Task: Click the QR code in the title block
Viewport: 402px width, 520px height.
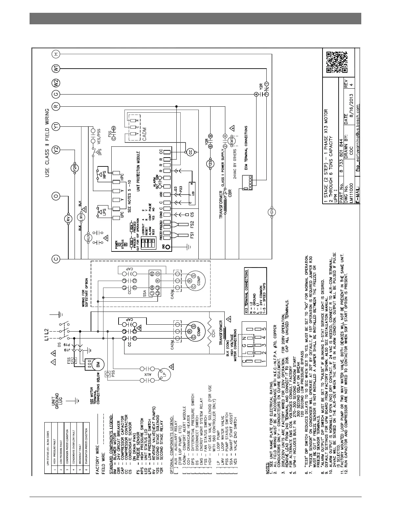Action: [337, 62]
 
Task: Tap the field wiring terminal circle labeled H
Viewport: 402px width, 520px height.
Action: [56, 54]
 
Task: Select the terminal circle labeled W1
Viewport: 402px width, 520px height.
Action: [56, 69]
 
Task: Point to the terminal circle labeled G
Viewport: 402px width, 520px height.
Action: [56, 95]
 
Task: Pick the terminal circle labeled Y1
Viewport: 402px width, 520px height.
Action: [56, 126]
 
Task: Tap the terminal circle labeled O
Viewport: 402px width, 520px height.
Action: [56, 196]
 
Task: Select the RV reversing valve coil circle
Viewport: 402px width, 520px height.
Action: [69, 219]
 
